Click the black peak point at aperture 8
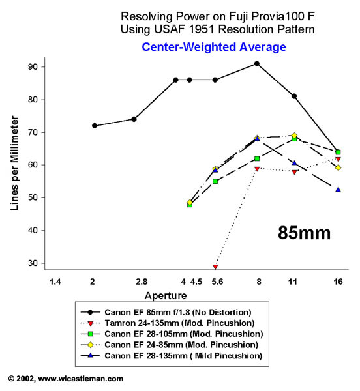click(x=256, y=64)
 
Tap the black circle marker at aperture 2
click(x=95, y=126)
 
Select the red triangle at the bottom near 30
click(x=215, y=267)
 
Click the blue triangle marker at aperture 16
click(x=338, y=190)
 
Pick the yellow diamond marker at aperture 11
click(x=294, y=136)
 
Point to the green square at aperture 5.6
click(x=215, y=181)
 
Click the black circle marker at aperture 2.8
click(x=134, y=119)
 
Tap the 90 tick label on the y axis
click(x=33, y=67)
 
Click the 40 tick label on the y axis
click(x=33, y=230)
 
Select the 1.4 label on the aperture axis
click(x=55, y=282)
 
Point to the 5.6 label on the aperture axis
click(x=217, y=282)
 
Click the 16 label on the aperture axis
click(x=338, y=282)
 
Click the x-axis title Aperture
click(x=166, y=296)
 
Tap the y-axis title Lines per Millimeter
click(x=14, y=163)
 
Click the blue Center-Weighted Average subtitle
click(x=214, y=47)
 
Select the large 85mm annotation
click(x=304, y=233)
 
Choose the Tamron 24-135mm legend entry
click(x=168, y=323)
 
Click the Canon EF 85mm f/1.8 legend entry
click(x=166, y=312)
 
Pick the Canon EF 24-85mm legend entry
click(x=170, y=345)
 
